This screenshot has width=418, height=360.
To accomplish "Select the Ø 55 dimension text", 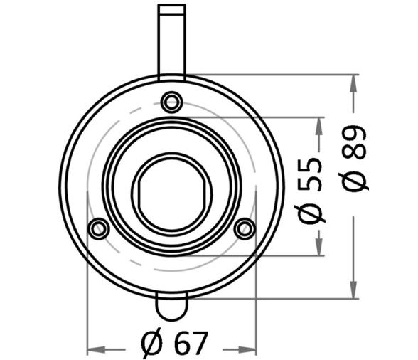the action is tap(310, 191).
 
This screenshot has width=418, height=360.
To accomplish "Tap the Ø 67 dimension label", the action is tap(174, 344).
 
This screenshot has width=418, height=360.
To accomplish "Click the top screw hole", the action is tap(172, 102).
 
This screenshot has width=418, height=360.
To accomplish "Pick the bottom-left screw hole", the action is tap(99, 228).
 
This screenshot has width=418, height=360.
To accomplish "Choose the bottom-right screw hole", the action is tap(245, 228).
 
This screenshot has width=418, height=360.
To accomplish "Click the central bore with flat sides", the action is tap(172, 194).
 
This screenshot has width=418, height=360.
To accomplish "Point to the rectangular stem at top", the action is tap(172, 42).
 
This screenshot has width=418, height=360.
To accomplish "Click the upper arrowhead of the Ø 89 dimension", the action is tap(353, 83).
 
